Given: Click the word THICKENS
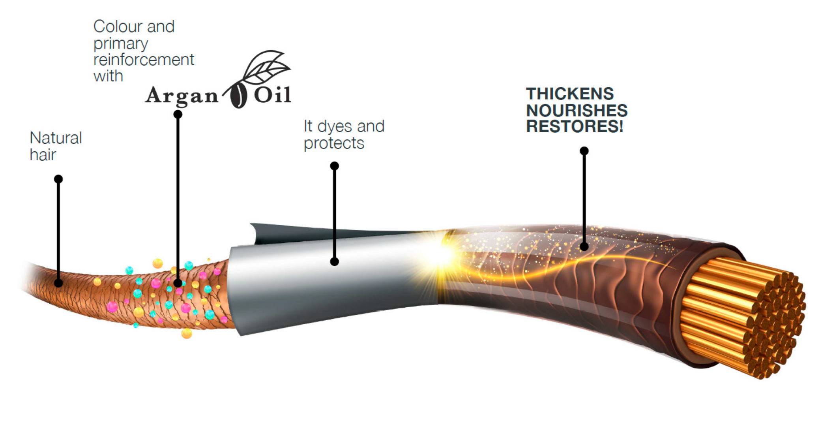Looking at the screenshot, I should [x=569, y=94].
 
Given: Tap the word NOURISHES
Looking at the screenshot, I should [x=577, y=111].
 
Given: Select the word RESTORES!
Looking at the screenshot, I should [x=574, y=127].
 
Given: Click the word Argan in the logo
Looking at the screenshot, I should [x=182, y=96].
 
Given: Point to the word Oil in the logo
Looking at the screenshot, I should [x=272, y=95].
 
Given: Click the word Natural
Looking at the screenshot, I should [x=56, y=138].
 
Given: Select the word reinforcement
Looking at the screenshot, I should [x=144, y=60].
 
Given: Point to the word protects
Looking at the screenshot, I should [x=334, y=143].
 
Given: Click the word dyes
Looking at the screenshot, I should [x=335, y=127].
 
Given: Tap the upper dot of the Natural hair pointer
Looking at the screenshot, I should [x=58, y=179].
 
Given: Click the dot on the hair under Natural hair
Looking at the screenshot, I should [x=58, y=283].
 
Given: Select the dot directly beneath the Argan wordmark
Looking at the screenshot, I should [x=178, y=115].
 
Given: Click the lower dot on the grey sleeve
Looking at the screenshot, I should [x=334, y=261].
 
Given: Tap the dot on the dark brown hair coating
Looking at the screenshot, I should [x=584, y=247].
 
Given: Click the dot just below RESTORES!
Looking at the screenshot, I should [x=584, y=151].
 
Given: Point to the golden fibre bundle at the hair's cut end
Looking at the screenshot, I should [x=742, y=316].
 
